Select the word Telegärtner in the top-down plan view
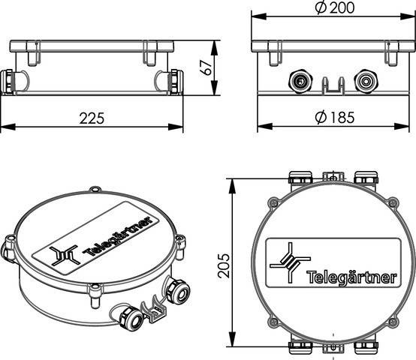point(352,278)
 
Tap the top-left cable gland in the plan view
point(300,178)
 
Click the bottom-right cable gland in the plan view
point(365,346)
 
